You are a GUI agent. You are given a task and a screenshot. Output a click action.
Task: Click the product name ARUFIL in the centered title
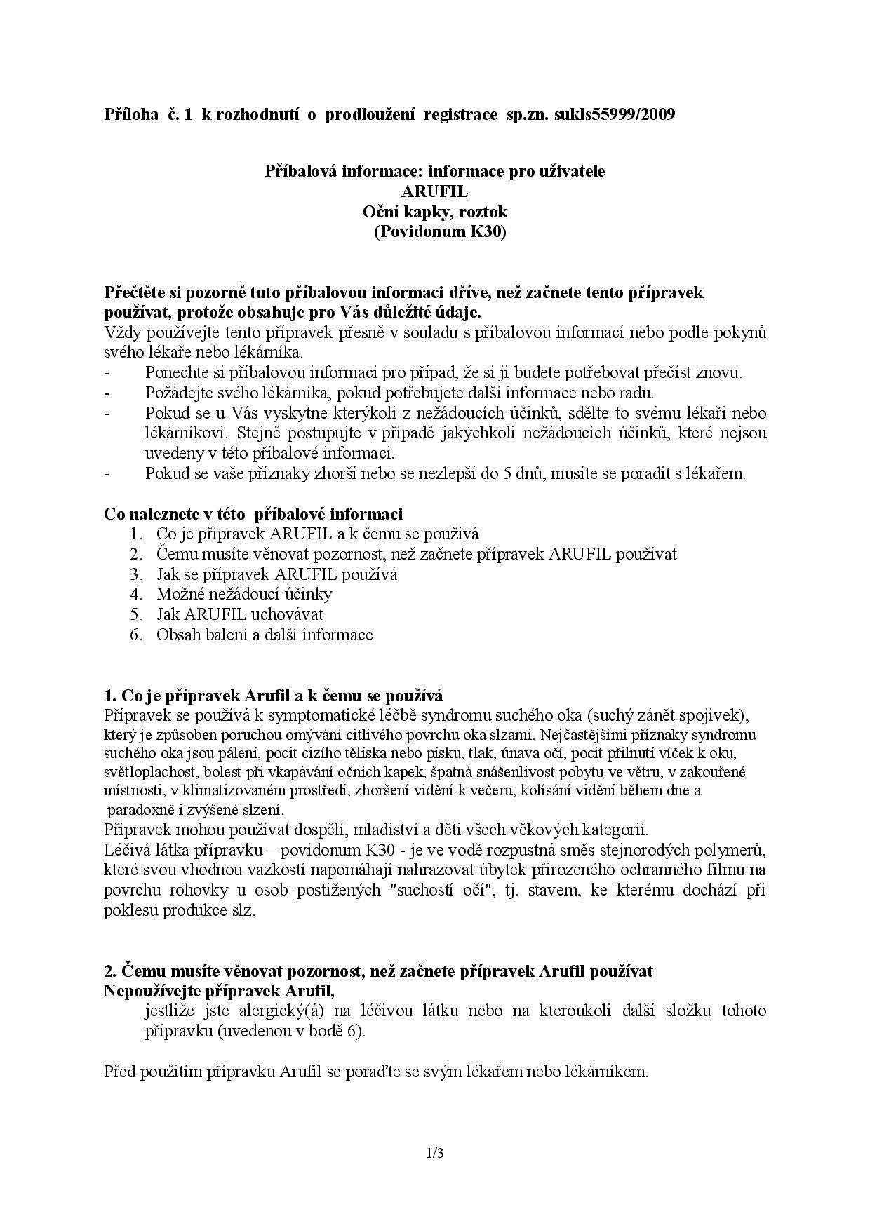tap(434, 191)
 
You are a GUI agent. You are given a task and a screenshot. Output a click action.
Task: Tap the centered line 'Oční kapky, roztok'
tap(434, 212)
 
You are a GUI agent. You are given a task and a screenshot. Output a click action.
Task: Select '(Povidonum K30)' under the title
tap(439, 232)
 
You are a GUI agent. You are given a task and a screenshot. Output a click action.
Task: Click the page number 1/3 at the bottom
tap(434, 1153)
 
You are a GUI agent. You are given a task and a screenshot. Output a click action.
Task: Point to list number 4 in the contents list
tap(136, 595)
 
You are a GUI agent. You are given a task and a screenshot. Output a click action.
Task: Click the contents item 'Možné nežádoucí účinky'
tap(244, 595)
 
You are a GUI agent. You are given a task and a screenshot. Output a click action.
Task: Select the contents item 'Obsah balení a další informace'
tap(265, 635)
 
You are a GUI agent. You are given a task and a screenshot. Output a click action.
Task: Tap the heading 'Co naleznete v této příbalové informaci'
tap(253, 514)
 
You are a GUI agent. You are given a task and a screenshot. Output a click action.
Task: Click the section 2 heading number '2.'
tap(109, 971)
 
